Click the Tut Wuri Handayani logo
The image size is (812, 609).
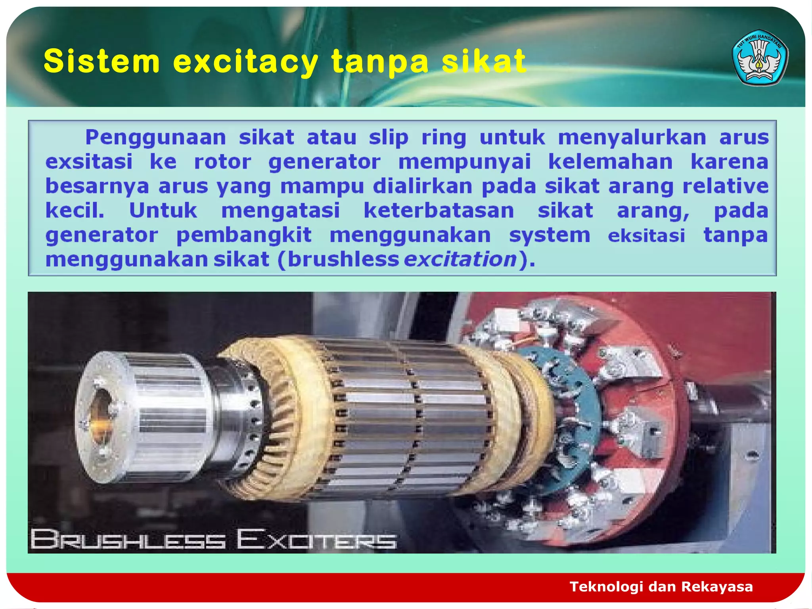coord(760,57)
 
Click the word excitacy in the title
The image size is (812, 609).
coord(246,61)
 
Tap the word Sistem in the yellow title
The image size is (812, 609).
coord(102,61)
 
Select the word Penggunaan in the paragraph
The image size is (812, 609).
coord(155,138)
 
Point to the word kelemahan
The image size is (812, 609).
coord(611,162)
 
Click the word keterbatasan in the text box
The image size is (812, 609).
coord(439,210)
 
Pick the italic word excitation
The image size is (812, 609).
coord(460,259)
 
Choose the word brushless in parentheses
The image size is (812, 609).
coord(343,259)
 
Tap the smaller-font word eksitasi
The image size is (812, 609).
coord(646,236)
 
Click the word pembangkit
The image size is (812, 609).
coord(244,235)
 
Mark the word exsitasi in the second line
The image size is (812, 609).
coord(89,162)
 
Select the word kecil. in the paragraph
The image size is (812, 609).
coord(75,210)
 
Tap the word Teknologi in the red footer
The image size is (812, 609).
coord(606,586)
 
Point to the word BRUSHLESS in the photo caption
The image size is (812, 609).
coord(128,540)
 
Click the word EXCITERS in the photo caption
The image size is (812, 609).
coord(316,540)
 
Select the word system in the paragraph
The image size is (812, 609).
coord(550,235)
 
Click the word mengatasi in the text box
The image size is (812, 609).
coord(280,210)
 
